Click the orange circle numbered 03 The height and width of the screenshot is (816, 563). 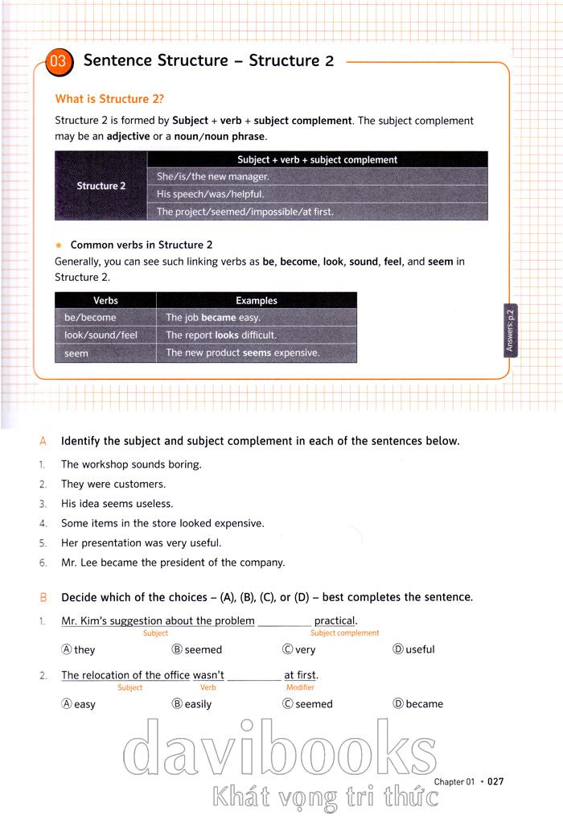coord(60,62)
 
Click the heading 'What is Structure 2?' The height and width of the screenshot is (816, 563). coord(109,99)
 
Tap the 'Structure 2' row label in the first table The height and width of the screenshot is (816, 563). coord(101,186)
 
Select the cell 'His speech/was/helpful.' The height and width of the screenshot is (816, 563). coord(211,194)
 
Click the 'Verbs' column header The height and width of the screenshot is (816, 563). coord(105,300)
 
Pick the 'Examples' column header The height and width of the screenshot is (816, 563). coord(257,300)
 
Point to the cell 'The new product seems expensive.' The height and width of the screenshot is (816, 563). coord(243,352)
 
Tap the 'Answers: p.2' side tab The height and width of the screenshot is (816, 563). coord(511,330)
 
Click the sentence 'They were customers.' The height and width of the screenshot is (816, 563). coord(113,484)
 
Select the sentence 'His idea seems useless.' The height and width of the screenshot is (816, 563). coord(117,504)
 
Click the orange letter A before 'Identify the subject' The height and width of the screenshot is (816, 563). coord(43,441)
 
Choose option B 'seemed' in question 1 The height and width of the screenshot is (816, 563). coord(197,649)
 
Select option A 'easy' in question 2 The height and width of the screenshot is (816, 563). coord(79,704)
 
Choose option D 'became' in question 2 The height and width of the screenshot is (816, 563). coord(417,704)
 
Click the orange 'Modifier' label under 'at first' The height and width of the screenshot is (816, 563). coord(300,688)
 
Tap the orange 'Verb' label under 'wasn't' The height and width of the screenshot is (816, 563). coord(208,688)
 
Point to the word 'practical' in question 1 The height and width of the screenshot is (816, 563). coord(335,621)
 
